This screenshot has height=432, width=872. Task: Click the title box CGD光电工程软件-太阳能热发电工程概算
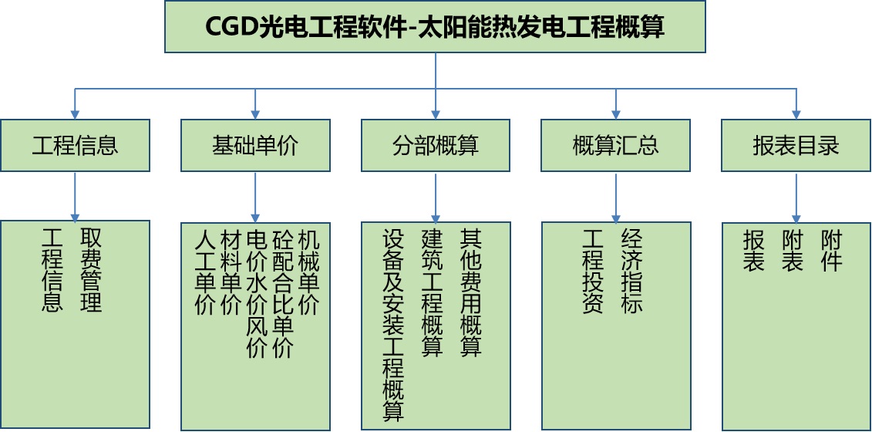point(435,27)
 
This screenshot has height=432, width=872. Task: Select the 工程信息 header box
point(75,145)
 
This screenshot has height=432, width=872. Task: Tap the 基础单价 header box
point(255,145)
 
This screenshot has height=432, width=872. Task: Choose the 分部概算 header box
point(436,145)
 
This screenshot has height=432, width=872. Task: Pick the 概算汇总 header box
point(615,145)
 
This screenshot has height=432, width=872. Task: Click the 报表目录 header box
point(796,145)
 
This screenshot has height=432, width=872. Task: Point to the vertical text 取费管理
point(91,270)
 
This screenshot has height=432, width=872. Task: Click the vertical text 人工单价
point(205,273)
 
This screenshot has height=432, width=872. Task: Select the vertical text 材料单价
point(231,273)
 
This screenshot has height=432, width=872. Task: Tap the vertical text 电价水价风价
point(257,294)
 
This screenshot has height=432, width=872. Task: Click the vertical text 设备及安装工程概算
point(393,326)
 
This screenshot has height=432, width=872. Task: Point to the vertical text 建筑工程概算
point(432,293)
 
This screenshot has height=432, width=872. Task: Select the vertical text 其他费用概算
point(470,293)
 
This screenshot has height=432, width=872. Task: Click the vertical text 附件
point(831,251)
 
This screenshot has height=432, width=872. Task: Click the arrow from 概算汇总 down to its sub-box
point(615,197)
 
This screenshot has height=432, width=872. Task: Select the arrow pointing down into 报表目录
point(796,104)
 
